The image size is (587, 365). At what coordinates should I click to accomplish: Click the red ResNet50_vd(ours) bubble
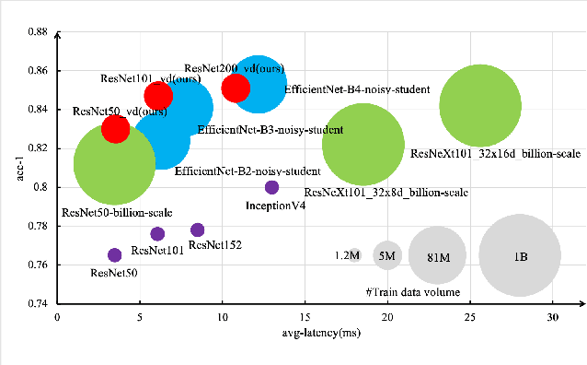[115, 128]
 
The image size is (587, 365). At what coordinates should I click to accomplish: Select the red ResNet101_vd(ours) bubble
[158, 95]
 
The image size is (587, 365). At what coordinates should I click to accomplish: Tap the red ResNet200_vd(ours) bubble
[236, 88]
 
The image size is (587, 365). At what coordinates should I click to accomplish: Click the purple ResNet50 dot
[115, 254]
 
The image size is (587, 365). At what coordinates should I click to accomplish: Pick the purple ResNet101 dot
[157, 234]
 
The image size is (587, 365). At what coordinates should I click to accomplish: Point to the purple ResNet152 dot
[197, 230]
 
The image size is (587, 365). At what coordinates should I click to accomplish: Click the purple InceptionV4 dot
[271, 187]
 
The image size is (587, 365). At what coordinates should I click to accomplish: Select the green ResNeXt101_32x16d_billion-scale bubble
[478, 105]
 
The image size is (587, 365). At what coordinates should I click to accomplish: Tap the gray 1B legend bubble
[520, 255]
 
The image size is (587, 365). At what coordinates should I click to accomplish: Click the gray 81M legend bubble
[437, 255]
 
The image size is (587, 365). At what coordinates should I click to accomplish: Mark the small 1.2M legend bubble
[355, 255]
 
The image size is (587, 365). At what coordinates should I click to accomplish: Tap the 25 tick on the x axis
[470, 317]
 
